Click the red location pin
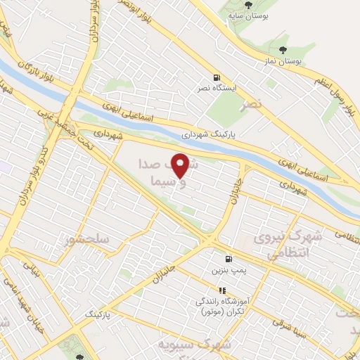pyautogui.click(x=181, y=165)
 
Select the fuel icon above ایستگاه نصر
pyautogui.click(x=215, y=77)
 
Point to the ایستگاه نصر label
pyautogui.click(x=216, y=90)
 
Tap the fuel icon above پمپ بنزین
pyautogui.click(x=227, y=258)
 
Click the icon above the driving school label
pyautogui.click(x=222, y=290)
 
